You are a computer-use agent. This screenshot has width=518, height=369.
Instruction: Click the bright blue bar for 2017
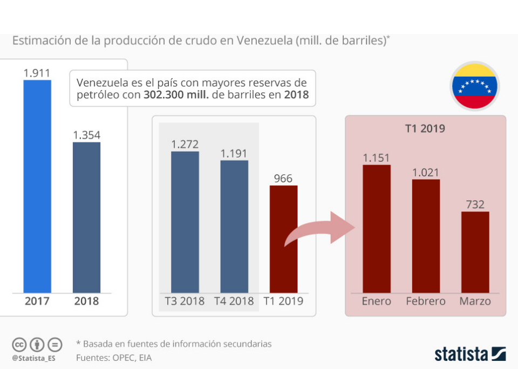click(x=37, y=186)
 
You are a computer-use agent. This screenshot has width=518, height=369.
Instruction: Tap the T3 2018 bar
click(x=185, y=222)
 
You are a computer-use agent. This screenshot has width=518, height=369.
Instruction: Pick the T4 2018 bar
click(x=234, y=227)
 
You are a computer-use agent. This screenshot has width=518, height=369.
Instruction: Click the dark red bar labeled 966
click(x=283, y=239)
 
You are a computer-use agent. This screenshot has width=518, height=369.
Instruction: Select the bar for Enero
click(x=377, y=229)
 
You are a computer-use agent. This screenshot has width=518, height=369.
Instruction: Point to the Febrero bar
click(x=426, y=236)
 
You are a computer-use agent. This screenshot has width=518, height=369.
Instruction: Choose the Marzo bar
click(x=475, y=252)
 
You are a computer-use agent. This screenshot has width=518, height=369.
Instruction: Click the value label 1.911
click(x=37, y=72)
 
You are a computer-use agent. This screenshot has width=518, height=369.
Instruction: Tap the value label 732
click(x=475, y=204)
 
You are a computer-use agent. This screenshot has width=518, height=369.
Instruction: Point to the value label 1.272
click(x=185, y=144)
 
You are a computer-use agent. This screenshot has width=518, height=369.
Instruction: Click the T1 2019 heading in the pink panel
click(x=425, y=129)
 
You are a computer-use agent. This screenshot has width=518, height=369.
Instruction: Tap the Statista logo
click(x=470, y=354)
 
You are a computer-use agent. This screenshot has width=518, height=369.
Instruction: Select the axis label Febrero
click(x=426, y=301)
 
